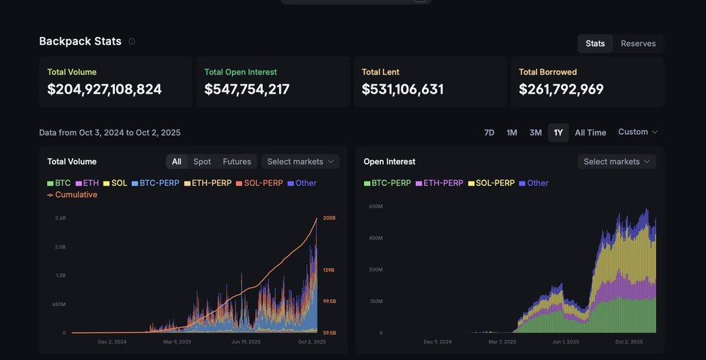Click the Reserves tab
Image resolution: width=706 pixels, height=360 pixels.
click(638, 44)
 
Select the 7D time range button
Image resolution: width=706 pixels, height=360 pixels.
click(489, 133)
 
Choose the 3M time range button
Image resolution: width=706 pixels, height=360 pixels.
click(536, 133)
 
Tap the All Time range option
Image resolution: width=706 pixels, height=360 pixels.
click(590, 133)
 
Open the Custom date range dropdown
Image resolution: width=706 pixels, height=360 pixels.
click(638, 132)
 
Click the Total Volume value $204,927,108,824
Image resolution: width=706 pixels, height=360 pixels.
click(105, 90)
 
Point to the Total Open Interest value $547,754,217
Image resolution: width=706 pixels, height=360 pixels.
click(247, 90)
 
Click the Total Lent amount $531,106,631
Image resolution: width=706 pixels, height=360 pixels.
click(403, 90)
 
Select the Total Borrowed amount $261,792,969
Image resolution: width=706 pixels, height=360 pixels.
click(562, 90)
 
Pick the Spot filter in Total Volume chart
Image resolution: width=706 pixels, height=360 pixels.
click(202, 162)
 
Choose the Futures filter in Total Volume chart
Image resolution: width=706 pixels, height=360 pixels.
click(237, 162)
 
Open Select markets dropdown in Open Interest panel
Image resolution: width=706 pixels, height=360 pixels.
click(616, 162)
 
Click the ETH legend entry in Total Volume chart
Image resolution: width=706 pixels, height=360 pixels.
click(90, 183)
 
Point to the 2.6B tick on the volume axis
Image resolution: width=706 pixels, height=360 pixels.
click(60, 218)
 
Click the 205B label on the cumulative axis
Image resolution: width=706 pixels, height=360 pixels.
click(329, 218)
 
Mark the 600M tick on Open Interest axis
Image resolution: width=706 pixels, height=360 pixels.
click(376, 206)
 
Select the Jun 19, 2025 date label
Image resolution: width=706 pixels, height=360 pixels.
click(246, 342)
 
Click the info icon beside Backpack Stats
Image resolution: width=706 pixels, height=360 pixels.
click(132, 42)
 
